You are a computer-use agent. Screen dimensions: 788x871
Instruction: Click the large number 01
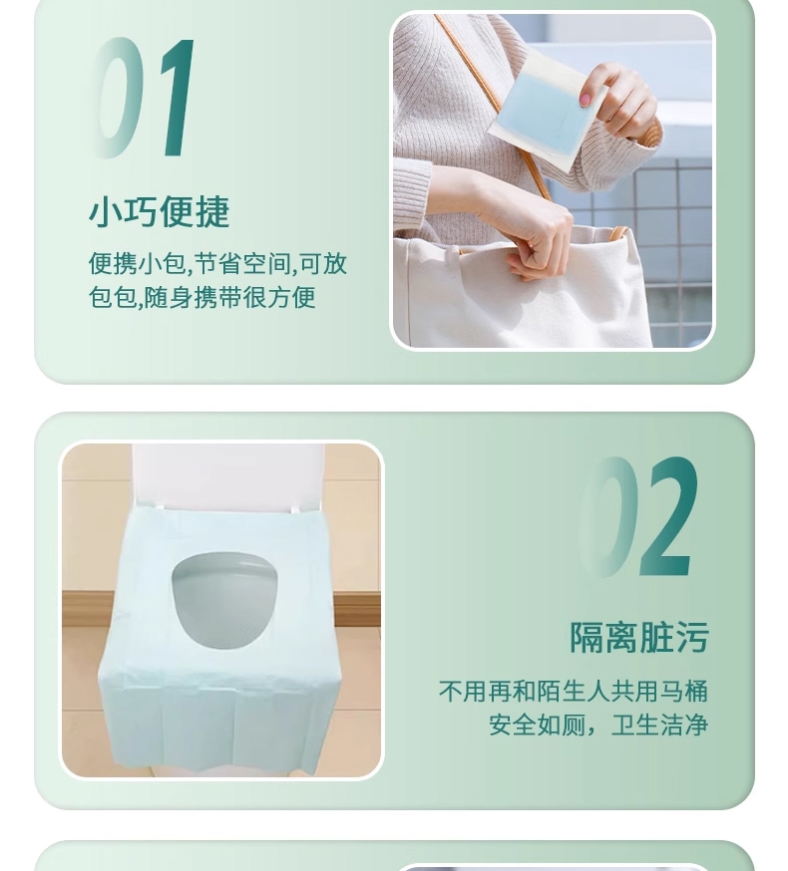tap(143, 98)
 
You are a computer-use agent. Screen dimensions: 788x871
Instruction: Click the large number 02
tap(637, 516)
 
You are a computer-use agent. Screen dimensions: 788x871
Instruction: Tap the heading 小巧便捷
tap(159, 211)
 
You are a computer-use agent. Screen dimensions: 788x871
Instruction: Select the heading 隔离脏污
tap(639, 637)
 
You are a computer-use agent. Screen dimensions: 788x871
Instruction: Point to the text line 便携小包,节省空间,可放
tap(217, 263)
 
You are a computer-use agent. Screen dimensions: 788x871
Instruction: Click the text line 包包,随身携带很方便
tap(202, 297)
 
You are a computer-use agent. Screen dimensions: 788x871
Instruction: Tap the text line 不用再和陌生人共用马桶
tap(574, 691)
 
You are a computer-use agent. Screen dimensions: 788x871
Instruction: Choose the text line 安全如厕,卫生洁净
tap(598, 725)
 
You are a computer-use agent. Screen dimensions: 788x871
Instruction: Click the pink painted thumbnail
tap(585, 99)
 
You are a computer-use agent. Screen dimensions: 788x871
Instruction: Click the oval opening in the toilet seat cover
tap(224, 600)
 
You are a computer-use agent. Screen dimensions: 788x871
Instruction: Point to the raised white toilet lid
tap(228, 476)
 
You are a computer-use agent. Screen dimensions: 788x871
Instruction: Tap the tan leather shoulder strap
tap(492, 106)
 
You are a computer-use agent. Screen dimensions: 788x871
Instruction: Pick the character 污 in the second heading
tap(692, 637)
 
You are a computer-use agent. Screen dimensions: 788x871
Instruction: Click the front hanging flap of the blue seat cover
tap(219, 723)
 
